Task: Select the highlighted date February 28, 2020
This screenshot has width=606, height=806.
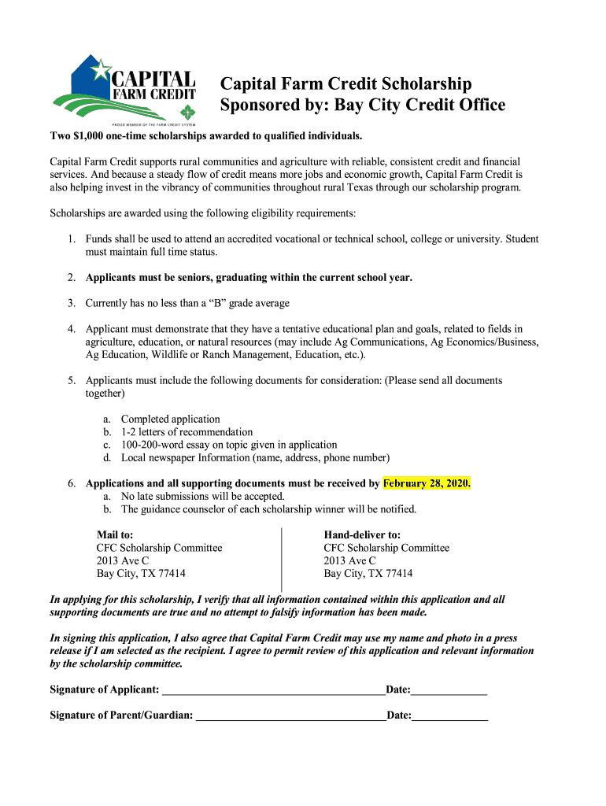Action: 427,483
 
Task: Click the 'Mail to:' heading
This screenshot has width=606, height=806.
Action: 115,534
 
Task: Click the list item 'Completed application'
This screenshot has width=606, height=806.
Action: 171,420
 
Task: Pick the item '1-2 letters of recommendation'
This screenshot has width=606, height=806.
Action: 187,432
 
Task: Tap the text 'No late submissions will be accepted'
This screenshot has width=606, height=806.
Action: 202,496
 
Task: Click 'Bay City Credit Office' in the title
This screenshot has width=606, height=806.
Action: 420,105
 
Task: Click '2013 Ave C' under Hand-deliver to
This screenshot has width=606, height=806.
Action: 350,560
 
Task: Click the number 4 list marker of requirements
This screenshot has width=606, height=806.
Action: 72,329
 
